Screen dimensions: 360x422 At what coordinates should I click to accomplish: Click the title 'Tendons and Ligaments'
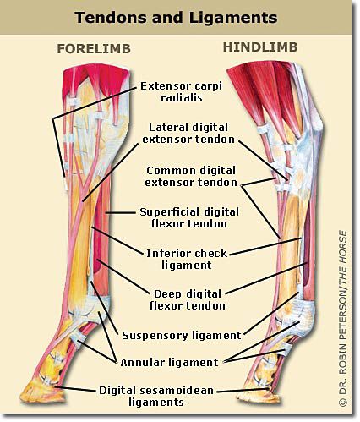point(176,18)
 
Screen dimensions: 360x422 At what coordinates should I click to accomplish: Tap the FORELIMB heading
point(94,49)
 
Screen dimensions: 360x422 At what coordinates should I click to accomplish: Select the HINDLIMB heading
point(260,47)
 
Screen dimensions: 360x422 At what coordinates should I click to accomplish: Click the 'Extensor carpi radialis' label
point(181,91)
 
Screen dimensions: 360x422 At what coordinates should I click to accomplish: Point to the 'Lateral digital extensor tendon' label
point(188,133)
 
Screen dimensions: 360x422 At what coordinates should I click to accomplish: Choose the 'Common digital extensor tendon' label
point(191,177)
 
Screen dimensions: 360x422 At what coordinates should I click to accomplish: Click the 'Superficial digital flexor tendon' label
point(189,218)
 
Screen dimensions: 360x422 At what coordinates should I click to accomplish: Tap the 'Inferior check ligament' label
point(187,259)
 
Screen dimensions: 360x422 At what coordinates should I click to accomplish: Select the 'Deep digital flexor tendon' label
point(188,300)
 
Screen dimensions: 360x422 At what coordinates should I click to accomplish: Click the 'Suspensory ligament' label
point(182,336)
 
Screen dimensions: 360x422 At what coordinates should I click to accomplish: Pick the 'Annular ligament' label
point(169,362)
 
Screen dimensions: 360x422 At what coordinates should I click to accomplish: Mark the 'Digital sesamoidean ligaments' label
point(156,396)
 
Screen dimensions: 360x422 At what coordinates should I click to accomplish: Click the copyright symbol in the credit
point(343,403)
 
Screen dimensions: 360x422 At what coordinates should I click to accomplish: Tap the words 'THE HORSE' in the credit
point(343,258)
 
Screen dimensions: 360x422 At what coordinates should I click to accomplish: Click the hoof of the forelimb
point(42,392)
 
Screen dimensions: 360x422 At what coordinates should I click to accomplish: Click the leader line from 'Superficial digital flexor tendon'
point(121,213)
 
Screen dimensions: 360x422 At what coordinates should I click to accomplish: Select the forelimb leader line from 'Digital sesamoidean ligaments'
point(75,389)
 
